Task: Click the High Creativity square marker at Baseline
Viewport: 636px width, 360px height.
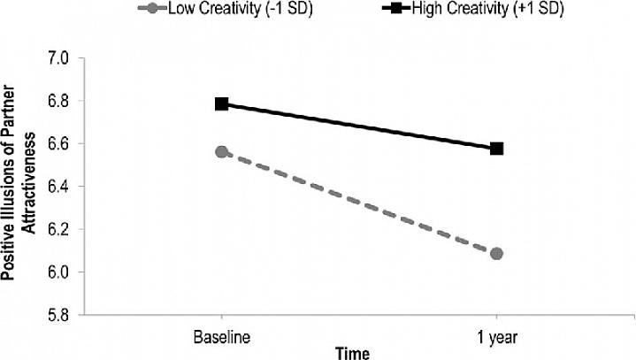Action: [221, 104]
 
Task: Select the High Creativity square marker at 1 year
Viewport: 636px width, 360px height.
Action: [496, 149]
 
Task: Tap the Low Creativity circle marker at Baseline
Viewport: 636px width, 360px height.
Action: [221, 152]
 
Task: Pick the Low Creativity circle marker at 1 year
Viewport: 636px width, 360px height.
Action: [496, 254]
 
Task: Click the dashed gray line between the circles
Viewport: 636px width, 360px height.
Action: [358, 203]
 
